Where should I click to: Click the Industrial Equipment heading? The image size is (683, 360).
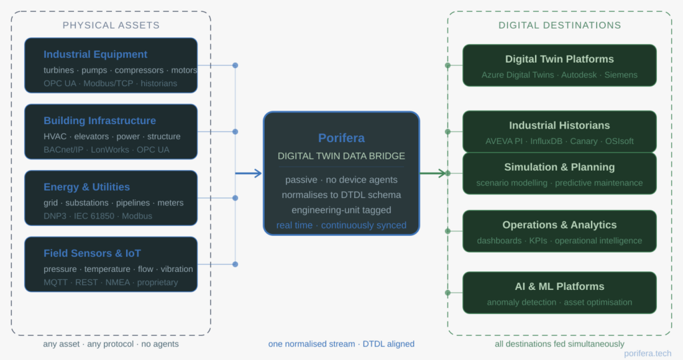pyautogui.click(x=95, y=55)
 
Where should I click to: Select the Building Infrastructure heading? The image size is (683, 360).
pyautogui.click(x=99, y=121)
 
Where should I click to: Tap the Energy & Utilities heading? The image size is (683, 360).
pyautogui.click(x=87, y=187)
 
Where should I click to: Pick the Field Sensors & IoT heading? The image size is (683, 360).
pyautogui.click(x=92, y=253)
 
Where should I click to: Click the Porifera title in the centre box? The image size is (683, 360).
pyautogui.click(x=341, y=139)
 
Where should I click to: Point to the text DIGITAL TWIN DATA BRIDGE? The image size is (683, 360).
pyautogui.click(x=341, y=156)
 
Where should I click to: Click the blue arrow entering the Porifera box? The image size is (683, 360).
pyautogui.click(x=249, y=173)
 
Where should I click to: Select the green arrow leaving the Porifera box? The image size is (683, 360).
pyautogui.click(x=433, y=173)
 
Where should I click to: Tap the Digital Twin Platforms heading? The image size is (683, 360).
pyautogui.click(x=559, y=59)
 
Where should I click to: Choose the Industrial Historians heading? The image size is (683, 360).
pyautogui.click(x=559, y=125)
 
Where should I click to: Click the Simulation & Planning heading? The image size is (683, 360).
pyautogui.click(x=559, y=167)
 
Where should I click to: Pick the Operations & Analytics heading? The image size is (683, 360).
pyautogui.click(x=559, y=225)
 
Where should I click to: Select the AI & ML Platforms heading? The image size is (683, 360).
pyautogui.click(x=559, y=286)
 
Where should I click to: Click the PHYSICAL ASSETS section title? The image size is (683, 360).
pyautogui.click(x=111, y=25)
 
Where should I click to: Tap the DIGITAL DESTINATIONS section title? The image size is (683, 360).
pyautogui.click(x=560, y=25)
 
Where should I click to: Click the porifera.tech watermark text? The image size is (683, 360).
pyautogui.click(x=647, y=353)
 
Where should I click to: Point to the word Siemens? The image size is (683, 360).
pyautogui.click(x=620, y=75)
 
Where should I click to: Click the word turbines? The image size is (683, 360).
pyautogui.click(x=59, y=70)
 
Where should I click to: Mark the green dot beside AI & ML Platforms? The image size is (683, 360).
pyautogui.click(x=448, y=292)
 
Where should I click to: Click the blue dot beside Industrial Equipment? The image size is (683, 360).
pyautogui.click(x=235, y=65)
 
